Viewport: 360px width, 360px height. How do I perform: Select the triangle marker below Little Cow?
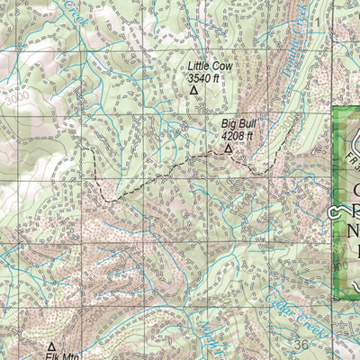[x=193, y=91]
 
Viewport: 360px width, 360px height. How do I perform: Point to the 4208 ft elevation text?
[x=238, y=136]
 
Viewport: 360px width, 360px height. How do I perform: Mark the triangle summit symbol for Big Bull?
[x=228, y=148]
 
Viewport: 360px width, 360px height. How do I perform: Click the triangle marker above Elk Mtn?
[x=51, y=345]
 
